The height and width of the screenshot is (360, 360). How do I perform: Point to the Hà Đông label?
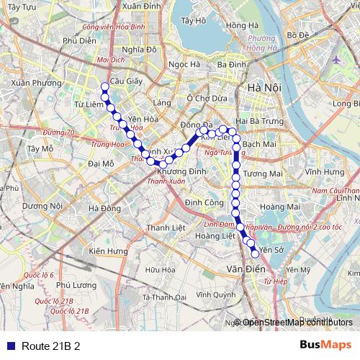pos(104,209)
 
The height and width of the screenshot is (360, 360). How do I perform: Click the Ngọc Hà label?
pos(184,64)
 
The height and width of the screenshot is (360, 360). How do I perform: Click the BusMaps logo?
pos(325,346)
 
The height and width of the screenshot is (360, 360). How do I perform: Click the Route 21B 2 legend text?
pos(50,346)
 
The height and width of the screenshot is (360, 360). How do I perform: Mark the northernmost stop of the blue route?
pos(104,87)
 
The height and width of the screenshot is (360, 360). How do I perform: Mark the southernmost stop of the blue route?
pos(254,253)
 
